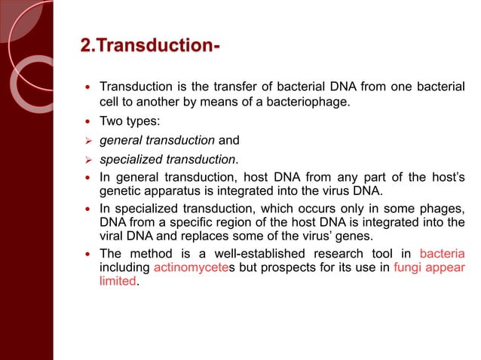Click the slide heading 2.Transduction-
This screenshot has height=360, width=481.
(150, 49)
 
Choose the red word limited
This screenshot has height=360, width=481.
(118, 280)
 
